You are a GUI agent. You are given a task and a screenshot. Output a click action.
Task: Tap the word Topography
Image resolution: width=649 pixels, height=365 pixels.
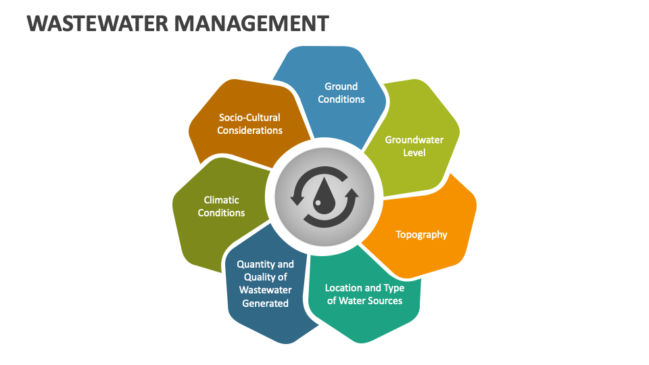click(421, 235)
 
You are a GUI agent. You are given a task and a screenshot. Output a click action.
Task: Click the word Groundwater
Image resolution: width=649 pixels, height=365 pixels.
click(414, 140)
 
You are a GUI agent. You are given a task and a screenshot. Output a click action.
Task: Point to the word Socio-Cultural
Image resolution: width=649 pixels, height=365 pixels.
click(249, 118)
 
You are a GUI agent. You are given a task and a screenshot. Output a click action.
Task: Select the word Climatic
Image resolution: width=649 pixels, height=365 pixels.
click(222, 200)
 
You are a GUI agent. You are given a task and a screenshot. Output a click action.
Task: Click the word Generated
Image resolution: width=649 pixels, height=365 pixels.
click(266, 303)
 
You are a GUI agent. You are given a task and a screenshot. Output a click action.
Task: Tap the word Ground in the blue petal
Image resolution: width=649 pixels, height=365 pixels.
click(341, 87)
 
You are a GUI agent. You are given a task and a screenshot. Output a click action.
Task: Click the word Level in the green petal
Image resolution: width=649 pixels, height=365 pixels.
click(414, 153)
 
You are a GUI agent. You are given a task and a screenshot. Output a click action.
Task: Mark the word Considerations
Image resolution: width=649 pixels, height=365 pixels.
click(249, 130)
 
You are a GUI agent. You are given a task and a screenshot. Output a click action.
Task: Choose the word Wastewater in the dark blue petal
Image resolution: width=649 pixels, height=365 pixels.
click(266, 291)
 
